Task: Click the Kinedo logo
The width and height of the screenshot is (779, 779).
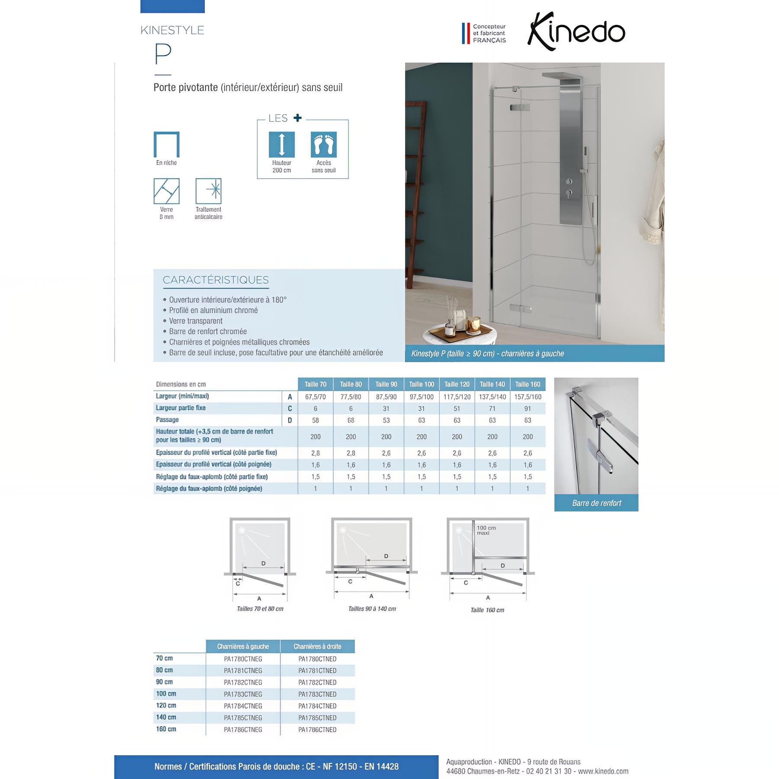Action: [576, 32]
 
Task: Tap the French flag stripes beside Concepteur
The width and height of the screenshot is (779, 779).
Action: [466, 33]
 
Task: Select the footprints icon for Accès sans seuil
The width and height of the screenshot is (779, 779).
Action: [323, 145]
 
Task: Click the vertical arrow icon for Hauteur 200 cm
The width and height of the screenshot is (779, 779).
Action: [282, 145]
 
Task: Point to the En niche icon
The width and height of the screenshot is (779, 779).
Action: [167, 145]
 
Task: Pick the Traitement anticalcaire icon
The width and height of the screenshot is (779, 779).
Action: [208, 191]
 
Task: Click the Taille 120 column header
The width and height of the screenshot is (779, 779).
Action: [457, 384]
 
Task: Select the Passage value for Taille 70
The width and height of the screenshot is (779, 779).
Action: [315, 420]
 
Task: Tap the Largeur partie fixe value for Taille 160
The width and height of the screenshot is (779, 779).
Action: [528, 409]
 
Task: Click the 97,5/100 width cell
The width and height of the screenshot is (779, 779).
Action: [422, 397]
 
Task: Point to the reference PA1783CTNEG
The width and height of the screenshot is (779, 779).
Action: [243, 694]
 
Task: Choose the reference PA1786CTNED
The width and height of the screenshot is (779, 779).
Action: [317, 730]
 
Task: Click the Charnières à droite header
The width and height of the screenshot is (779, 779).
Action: [317, 647]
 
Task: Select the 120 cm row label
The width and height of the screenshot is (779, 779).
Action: [166, 705]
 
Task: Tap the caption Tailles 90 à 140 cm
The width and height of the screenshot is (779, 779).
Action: [372, 609]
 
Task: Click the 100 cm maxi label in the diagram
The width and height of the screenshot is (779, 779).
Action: [486, 531]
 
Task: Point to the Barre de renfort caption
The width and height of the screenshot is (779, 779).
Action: [596, 503]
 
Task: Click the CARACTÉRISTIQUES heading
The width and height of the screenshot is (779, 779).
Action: [216, 280]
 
